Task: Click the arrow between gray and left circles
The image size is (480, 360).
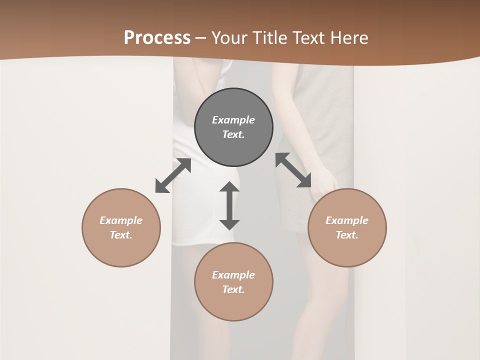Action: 173,175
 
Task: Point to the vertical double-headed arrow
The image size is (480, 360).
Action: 229,205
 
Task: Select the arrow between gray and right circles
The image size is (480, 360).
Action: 293,170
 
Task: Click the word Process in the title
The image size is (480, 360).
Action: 157,38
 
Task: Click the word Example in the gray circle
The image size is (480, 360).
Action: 233,120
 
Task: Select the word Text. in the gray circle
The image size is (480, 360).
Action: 233,134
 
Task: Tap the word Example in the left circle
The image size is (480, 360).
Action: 121,220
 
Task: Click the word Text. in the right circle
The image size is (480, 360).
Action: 347,235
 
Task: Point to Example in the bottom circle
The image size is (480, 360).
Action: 233,275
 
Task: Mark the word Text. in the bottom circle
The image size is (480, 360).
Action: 233,289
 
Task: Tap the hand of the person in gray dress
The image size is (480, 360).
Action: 324,181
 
